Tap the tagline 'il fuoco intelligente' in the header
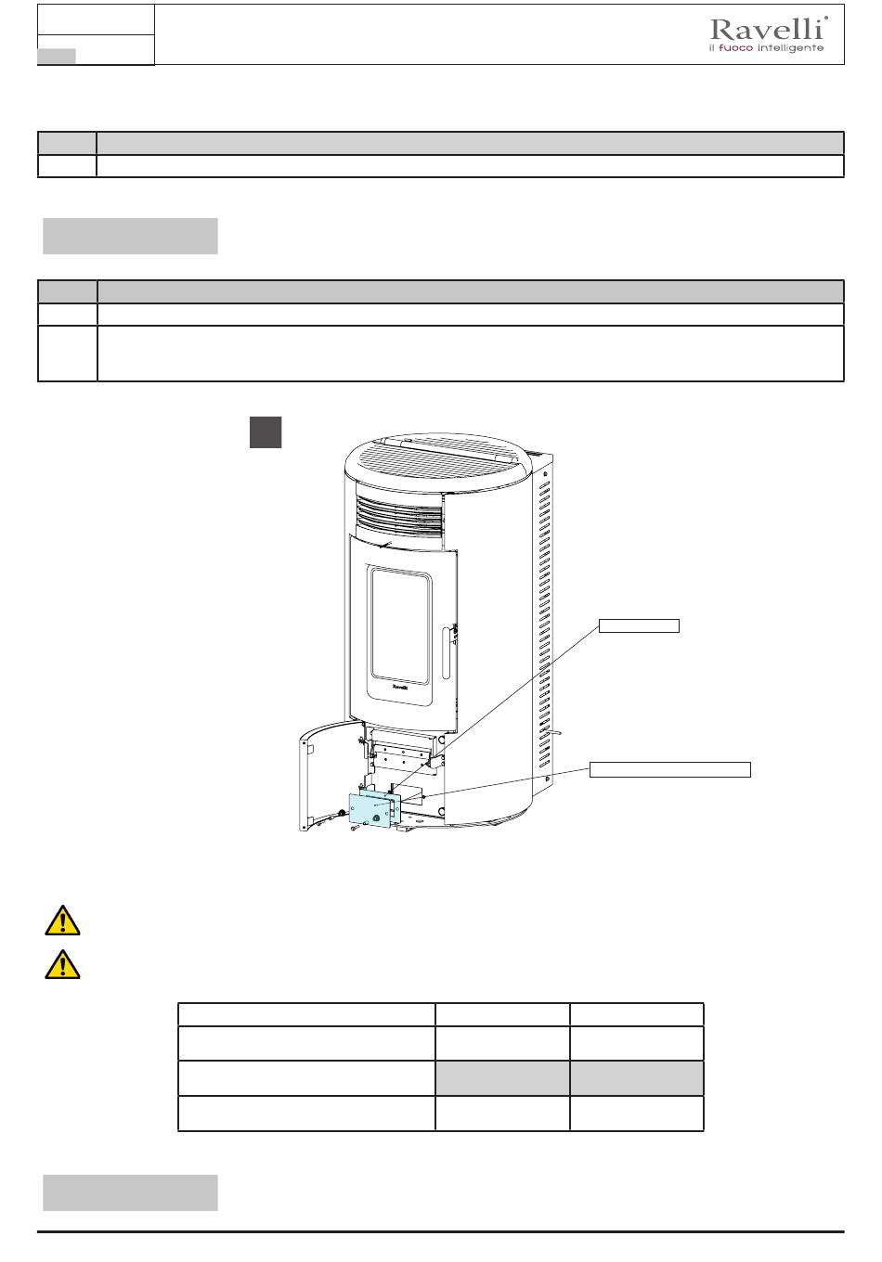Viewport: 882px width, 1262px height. point(767,48)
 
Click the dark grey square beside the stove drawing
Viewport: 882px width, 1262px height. point(266,432)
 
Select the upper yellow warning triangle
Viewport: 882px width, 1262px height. point(62,921)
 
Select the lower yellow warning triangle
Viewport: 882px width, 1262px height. point(62,964)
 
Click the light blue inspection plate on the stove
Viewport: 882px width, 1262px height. point(371,809)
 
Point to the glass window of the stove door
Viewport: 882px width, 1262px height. point(400,626)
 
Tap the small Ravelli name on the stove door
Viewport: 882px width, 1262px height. point(400,687)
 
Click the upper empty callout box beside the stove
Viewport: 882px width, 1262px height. point(639,625)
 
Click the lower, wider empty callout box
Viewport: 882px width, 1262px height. point(669,769)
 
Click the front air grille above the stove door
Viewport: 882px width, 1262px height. point(399,515)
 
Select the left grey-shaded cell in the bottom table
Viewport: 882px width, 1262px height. point(502,1077)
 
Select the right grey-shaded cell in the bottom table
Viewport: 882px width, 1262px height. point(636,1077)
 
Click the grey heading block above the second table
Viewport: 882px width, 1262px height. point(130,236)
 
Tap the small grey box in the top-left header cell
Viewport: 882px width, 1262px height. point(57,56)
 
